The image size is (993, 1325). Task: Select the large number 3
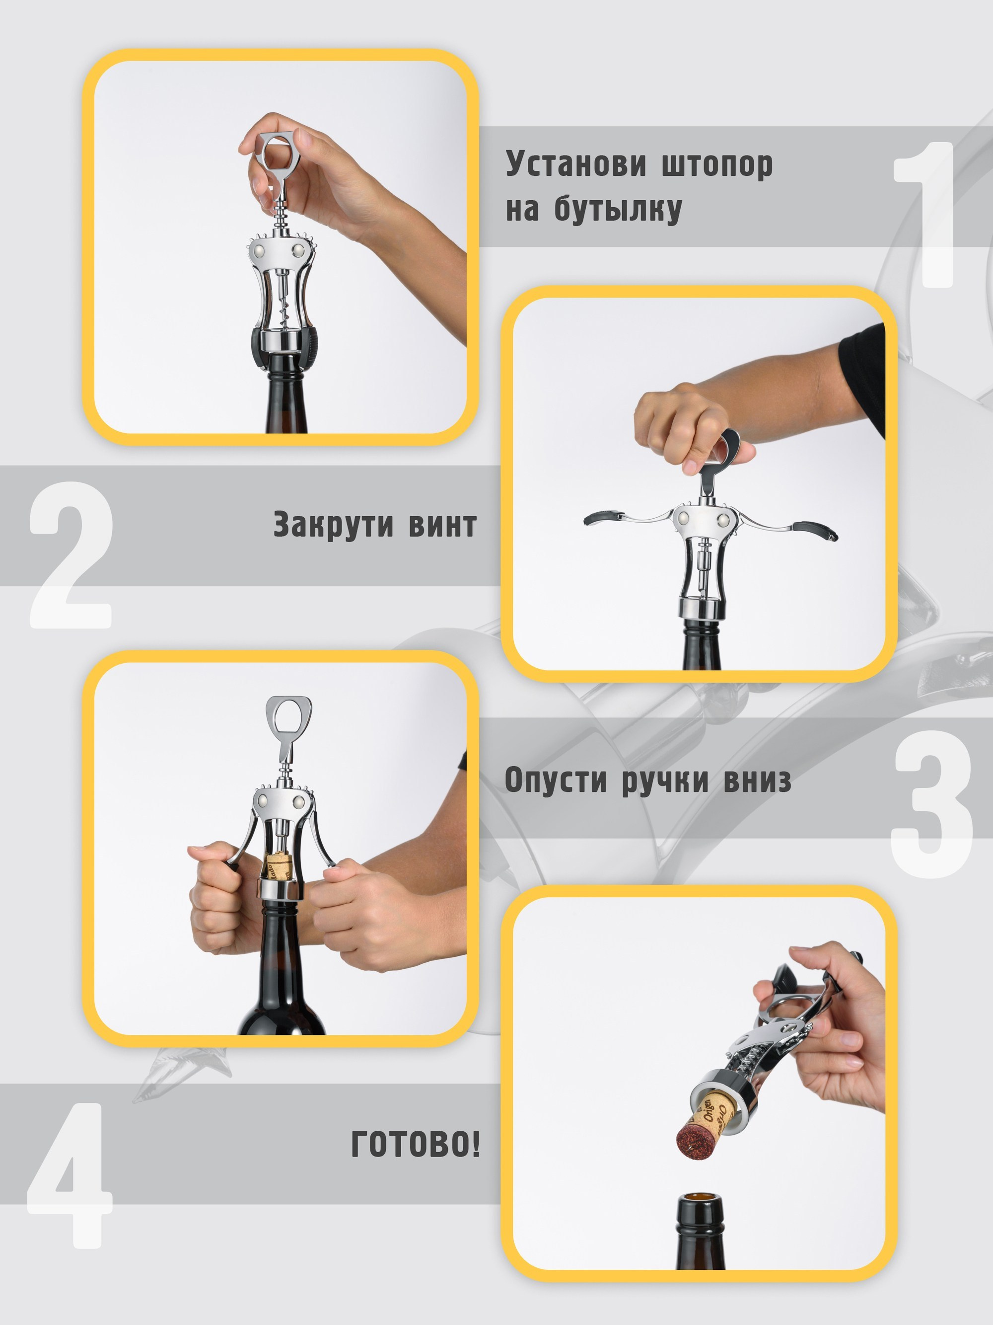pos(931,803)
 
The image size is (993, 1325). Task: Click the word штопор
pos(717,165)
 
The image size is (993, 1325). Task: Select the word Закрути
pos(333,525)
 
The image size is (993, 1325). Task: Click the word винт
pos(443,525)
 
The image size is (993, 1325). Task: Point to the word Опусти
pos(556,780)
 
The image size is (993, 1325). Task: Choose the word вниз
pos(757,780)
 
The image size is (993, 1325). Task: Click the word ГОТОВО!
pos(416,1144)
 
